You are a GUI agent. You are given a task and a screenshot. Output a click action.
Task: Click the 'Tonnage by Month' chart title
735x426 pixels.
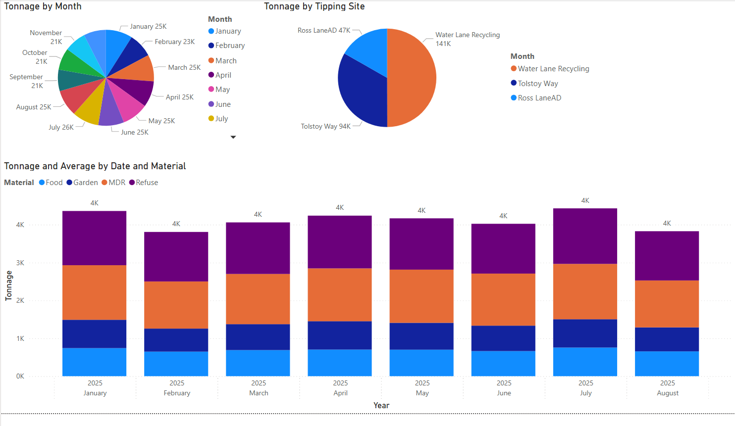pos(43,6)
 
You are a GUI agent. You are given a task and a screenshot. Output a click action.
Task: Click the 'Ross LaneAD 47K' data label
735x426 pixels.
pos(324,30)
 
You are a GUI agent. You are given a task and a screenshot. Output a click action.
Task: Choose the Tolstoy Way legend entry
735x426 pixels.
pos(537,84)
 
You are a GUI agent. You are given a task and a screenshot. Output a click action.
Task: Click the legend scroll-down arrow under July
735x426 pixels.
pos(233,137)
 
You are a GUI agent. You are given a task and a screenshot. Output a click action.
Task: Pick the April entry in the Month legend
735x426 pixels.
pos(223,75)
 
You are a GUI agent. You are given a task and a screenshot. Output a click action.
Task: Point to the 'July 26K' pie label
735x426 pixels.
pos(61,127)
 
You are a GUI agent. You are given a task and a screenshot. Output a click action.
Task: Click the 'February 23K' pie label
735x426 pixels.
pos(174,42)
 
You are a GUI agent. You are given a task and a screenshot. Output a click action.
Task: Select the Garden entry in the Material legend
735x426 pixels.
pos(85,183)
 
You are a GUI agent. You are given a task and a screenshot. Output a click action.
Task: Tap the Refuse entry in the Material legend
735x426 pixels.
pos(147,183)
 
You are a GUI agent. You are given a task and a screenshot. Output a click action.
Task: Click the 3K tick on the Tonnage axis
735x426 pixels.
pos(20,263)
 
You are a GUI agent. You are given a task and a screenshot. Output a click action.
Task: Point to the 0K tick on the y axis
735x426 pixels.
pos(20,376)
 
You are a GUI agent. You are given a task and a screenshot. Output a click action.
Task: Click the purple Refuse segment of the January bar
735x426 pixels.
pos(94,238)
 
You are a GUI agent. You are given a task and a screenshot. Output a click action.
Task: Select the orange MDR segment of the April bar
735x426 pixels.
pos(340,295)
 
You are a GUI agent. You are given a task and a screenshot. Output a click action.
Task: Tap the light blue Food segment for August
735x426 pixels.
pos(667,364)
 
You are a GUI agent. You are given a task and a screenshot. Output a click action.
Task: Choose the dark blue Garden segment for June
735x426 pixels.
pos(503,338)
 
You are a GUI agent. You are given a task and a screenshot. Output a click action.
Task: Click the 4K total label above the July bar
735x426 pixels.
pos(585,200)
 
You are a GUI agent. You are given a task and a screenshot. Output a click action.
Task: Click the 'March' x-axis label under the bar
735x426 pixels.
pos(259,393)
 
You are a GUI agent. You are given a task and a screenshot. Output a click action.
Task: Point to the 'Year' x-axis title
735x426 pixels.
pos(381,405)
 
